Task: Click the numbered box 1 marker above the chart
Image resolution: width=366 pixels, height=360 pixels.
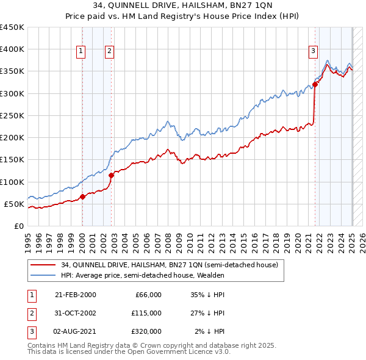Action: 81,51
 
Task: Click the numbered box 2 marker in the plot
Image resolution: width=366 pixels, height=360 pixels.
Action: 109,51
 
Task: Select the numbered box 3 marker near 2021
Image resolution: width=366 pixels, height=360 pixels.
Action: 313,51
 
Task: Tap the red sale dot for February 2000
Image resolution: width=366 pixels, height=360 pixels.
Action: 82,197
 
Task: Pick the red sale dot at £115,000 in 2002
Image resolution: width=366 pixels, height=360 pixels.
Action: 112,176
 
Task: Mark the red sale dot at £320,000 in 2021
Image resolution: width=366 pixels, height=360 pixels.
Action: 315,84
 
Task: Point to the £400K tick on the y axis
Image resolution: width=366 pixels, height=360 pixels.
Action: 12,49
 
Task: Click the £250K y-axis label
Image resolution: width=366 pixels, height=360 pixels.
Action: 12,115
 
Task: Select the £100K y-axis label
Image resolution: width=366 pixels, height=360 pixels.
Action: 12,182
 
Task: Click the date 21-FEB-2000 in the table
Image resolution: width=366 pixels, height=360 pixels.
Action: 76,295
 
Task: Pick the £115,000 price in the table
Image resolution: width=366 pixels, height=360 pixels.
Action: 146,313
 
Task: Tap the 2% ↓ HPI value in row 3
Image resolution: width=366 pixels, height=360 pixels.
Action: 210,331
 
